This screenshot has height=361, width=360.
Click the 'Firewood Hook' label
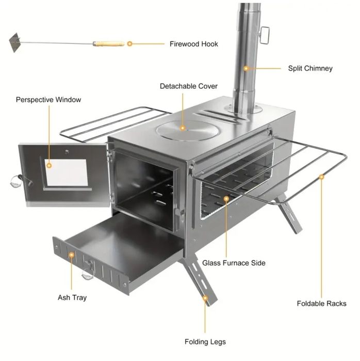pos(193,44)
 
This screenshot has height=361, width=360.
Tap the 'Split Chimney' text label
pos(310,68)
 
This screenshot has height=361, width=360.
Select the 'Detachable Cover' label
pos(188,86)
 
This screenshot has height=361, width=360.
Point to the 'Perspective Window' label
pos(48,100)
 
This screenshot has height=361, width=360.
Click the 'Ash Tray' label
pos(72,297)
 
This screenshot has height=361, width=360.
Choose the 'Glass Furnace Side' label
pos(234,263)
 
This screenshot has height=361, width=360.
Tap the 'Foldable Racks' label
pos(322,304)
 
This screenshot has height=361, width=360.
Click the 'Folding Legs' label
pos(205,342)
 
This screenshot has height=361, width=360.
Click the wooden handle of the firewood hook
pos(108,43)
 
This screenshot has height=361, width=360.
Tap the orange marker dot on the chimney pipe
pos(246,68)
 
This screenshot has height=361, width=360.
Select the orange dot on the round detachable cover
pos(183,128)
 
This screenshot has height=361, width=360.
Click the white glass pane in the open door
pos(66,172)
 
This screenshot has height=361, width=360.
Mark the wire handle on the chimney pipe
pos(265,35)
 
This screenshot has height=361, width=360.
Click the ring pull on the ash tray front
pos(88,271)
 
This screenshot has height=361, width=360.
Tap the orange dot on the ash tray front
pos(72,255)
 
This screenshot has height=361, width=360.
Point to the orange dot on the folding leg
pos(205,299)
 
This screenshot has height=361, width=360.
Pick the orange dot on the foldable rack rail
pos(322,177)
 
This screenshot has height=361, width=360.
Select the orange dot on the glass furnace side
pos(226,199)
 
